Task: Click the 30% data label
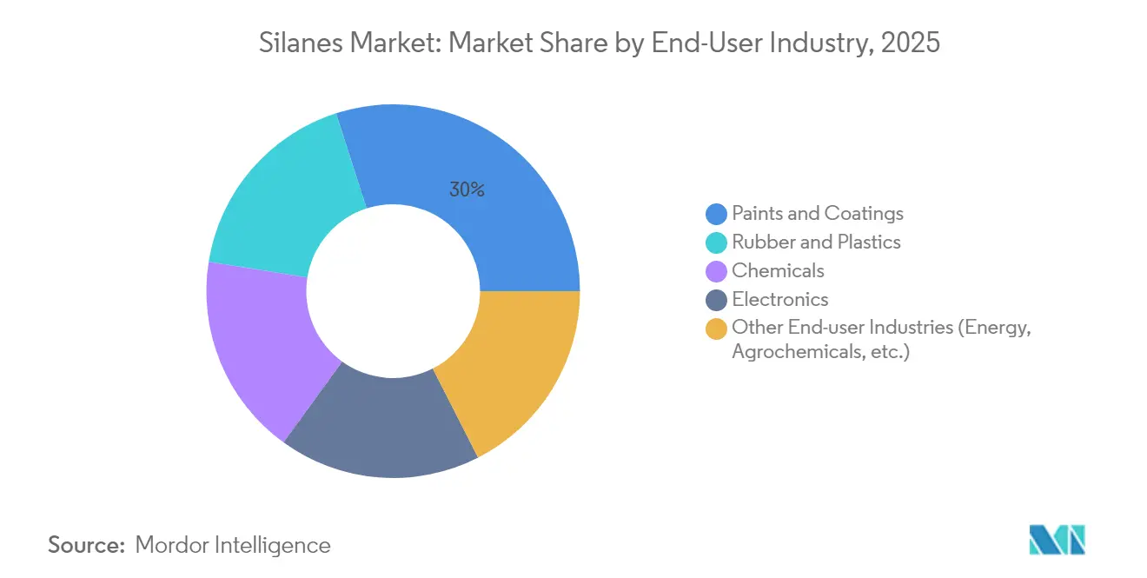467,189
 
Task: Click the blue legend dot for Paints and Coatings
716,214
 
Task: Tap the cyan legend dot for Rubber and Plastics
716,242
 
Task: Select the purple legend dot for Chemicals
716,271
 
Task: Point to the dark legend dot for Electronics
716,300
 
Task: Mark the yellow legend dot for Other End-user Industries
716,329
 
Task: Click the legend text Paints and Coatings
818,214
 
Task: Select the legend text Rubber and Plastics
816,242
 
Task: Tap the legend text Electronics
780,300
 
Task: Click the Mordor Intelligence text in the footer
233,545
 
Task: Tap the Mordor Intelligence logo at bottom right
1057,540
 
